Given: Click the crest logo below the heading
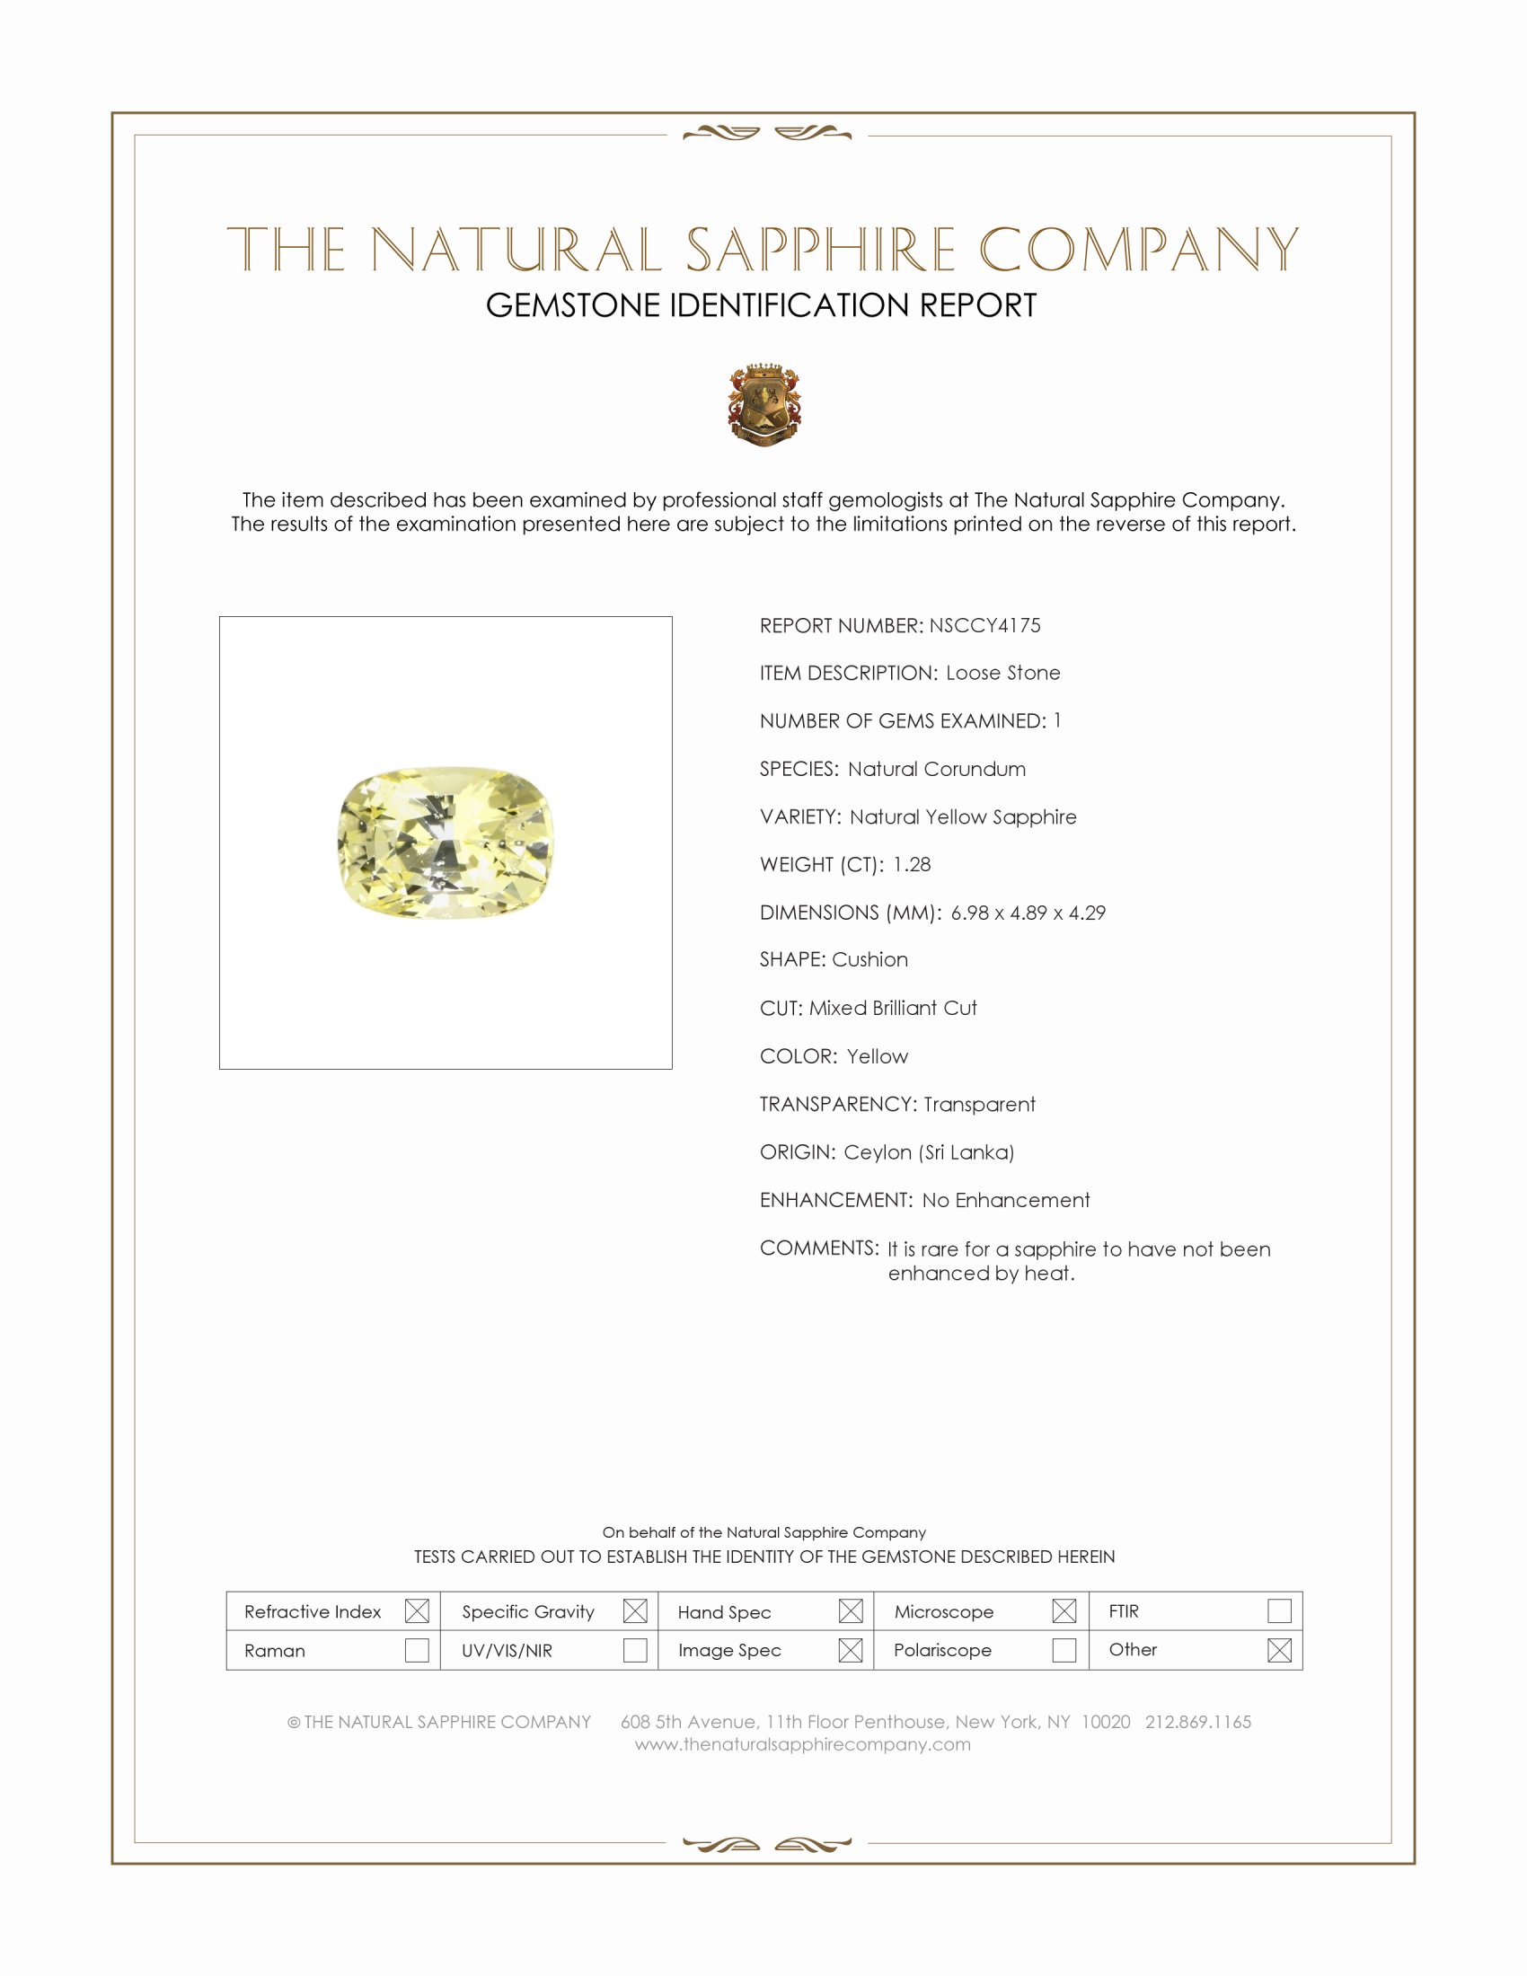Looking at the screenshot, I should click(x=764, y=404).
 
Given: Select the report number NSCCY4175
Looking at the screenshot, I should click(x=984, y=626).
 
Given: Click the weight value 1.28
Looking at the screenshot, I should click(x=911, y=865).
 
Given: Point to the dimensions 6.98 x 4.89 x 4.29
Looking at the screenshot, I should click(x=1028, y=913).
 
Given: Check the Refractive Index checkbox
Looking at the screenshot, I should click(x=417, y=1611).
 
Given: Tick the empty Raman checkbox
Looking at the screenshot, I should click(x=417, y=1650).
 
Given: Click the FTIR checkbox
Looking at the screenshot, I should click(x=1279, y=1611).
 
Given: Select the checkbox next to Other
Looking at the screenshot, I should click(x=1279, y=1650).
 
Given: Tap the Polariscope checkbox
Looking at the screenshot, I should click(x=1064, y=1650).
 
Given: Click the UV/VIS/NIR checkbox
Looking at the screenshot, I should click(x=635, y=1650).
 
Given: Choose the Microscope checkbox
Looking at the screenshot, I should click(x=1064, y=1611).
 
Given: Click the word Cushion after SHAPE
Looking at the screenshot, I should click(x=870, y=960).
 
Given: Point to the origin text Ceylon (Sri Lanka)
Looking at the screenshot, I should click(x=929, y=1152).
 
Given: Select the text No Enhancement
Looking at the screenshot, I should click(x=1006, y=1201).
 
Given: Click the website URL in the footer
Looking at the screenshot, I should click(x=802, y=1745).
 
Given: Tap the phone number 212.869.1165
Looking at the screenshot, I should click(x=1197, y=1722).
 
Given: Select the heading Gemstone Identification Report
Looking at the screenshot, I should click(x=761, y=305).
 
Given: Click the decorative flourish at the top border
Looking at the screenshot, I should click(x=767, y=134).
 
